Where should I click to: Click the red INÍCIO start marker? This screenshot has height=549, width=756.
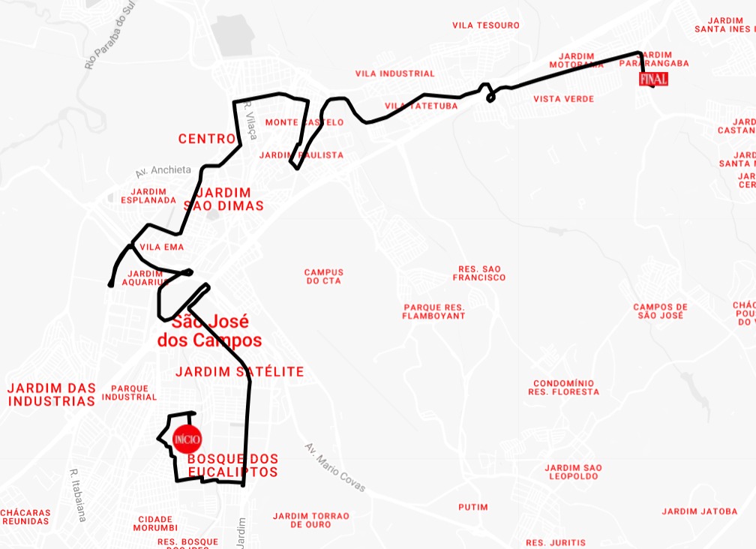(186, 439)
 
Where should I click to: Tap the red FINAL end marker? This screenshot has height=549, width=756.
(652, 79)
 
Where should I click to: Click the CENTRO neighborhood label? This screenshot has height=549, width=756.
(207, 139)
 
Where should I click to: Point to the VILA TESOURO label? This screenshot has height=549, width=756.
(486, 25)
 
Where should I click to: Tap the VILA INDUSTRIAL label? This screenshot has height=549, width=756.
(394, 73)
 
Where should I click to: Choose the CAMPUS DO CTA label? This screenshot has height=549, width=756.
(323, 277)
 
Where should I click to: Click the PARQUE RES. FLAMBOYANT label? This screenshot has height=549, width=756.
(434, 312)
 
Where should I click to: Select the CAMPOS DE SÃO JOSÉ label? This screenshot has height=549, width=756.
(660, 311)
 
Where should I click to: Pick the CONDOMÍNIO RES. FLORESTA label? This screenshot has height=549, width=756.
(563, 387)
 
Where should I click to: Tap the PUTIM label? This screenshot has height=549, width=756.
(473, 507)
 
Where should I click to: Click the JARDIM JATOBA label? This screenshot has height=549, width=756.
(700, 511)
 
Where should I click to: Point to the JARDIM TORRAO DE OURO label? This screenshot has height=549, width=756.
(311, 520)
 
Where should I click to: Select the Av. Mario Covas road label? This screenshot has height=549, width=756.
(334, 467)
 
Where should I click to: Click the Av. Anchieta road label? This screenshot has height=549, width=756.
(163, 171)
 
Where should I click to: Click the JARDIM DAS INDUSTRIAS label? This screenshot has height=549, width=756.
(52, 394)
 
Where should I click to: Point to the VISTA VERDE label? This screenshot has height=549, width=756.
(563, 99)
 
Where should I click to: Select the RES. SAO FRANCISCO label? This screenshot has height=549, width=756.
(479, 273)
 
